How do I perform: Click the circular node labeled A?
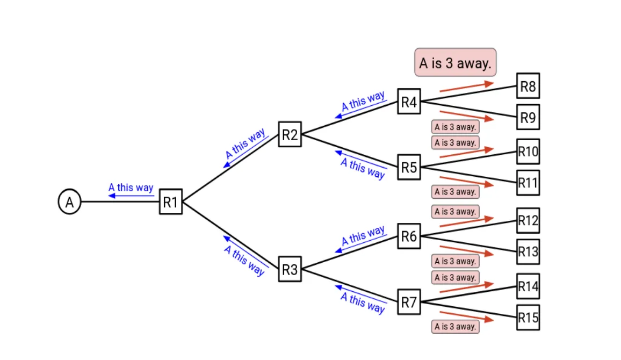tap(69, 203)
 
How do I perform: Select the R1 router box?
tap(171, 203)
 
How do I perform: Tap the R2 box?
tap(290, 134)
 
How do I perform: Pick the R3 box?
tap(290, 270)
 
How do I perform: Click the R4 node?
tap(409, 102)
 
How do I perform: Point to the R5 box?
tap(409, 168)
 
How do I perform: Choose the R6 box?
tap(409, 236)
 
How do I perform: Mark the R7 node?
tap(409, 303)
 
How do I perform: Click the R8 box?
tap(528, 86)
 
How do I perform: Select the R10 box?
tap(528, 152)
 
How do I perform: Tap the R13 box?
tap(528, 251)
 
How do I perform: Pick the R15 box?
tap(528, 318)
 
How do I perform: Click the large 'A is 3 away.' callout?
tap(455, 63)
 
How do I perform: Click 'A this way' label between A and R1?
tap(131, 188)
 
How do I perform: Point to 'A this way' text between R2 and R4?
tap(363, 100)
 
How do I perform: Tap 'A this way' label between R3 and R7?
tap(363, 303)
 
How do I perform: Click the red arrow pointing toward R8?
tap(466, 87)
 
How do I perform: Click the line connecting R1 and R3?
tap(231, 236)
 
